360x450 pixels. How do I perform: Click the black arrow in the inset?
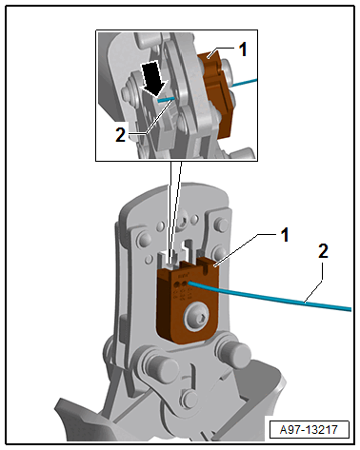point(154,77)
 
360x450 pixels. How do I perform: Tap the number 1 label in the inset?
point(243,49)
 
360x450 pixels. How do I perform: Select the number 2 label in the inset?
point(120,135)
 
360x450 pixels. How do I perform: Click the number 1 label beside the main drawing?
point(285,235)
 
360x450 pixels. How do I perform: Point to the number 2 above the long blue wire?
point(323,251)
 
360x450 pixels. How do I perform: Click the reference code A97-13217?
point(309,430)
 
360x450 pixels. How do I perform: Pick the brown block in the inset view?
point(215,93)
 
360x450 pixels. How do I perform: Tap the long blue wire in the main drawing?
point(270,296)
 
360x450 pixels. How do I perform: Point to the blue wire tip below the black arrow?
point(166,99)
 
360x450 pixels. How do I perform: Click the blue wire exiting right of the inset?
point(245,83)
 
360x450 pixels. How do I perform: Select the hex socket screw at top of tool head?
point(184,221)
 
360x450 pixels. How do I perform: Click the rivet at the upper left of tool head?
point(144,240)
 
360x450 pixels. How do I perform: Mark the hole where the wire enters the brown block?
point(190,283)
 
